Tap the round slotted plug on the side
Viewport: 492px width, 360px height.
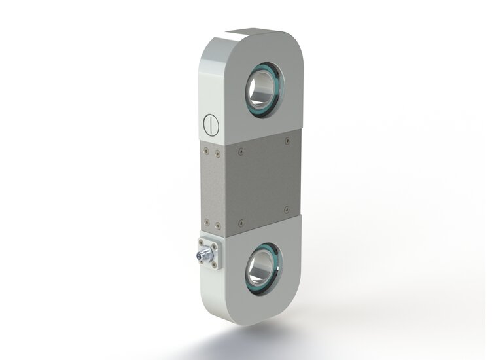[209, 122]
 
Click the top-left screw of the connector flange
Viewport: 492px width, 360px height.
[200, 242]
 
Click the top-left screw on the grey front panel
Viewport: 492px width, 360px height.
[241, 152]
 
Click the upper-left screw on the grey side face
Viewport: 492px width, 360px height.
[206, 151]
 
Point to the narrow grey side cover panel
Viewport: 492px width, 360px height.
[211, 187]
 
